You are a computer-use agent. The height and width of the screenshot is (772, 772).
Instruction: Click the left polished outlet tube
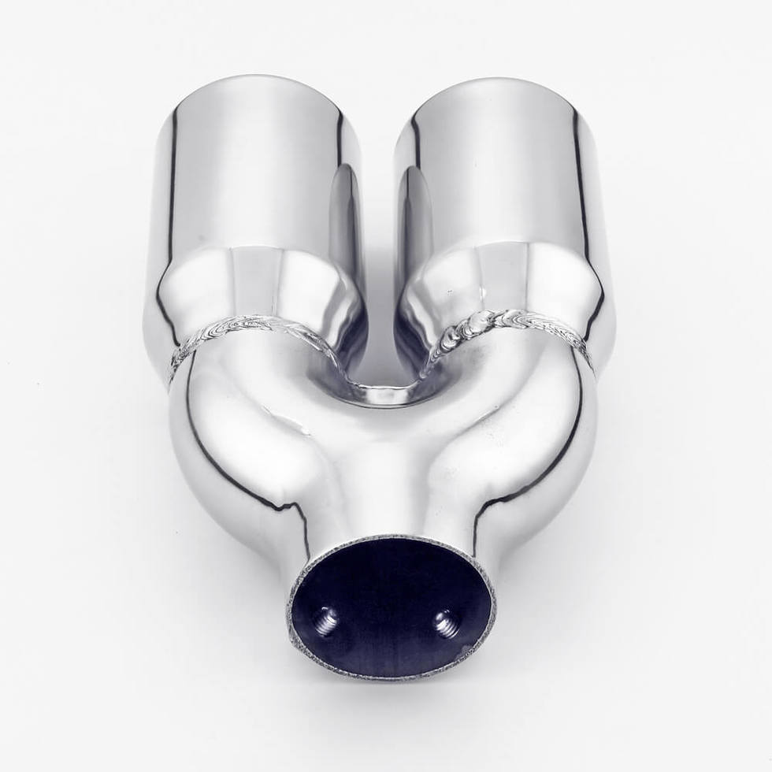click(252, 173)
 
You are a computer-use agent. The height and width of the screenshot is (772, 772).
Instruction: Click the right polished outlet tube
click(504, 173)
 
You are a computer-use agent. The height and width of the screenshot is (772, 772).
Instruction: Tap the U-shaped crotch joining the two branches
click(384, 390)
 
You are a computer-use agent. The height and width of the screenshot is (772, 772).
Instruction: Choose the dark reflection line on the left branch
click(228, 473)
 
